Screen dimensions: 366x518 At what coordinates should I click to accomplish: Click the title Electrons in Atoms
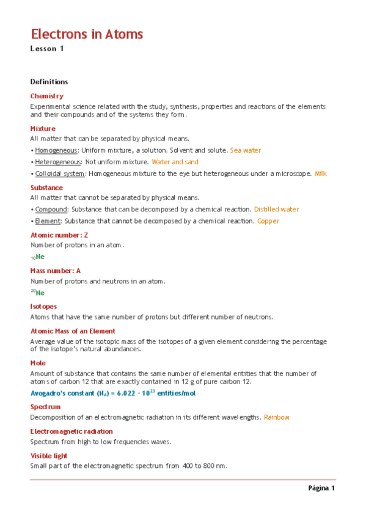tap(87, 34)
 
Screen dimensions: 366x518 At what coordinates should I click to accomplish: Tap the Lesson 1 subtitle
tap(47, 49)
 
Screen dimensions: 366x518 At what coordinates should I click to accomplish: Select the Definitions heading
tap(49, 82)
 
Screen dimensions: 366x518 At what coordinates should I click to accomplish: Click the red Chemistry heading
tap(46, 96)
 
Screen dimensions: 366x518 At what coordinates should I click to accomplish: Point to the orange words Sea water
tap(245, 150)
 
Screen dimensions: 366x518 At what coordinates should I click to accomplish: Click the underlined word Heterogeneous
tap(58, 162)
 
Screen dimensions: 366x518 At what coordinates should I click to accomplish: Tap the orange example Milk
tap(320, 173)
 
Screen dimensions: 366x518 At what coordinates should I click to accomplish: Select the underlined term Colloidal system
tap(60, 173)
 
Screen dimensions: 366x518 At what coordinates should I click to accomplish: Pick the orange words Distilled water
tap(276, 209)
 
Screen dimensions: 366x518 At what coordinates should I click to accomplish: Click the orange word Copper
tap(268, 221)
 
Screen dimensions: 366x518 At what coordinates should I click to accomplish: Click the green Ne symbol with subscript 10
tap(38, 257)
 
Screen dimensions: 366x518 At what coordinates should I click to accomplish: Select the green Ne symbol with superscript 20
tap(38, 293)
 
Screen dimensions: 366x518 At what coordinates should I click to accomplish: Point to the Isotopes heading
tap(43, 307)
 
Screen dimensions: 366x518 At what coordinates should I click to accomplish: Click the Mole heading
tap(37, 363)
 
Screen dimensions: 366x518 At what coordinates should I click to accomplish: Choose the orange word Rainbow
tap(276, 417)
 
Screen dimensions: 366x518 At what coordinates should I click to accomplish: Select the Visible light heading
tap(49, 456)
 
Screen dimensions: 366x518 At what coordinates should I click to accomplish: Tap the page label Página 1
tap(321, 489)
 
